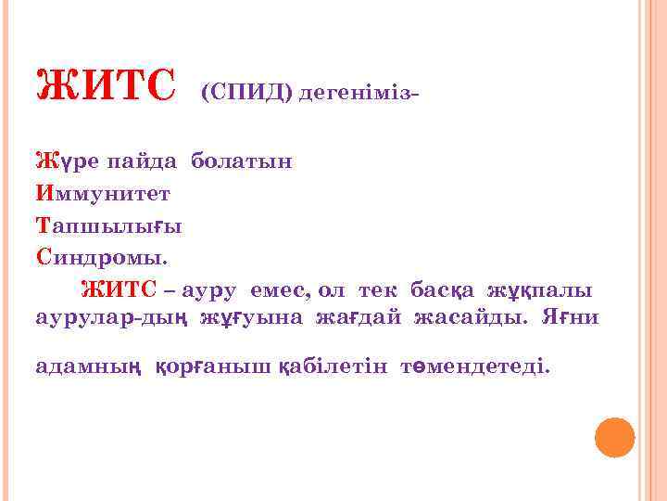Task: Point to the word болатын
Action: (242, 161)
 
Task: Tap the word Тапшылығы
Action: (108, 225)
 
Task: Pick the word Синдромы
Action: (104, 257)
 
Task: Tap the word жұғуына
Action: (252, 318)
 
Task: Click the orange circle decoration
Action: (614, 437)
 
